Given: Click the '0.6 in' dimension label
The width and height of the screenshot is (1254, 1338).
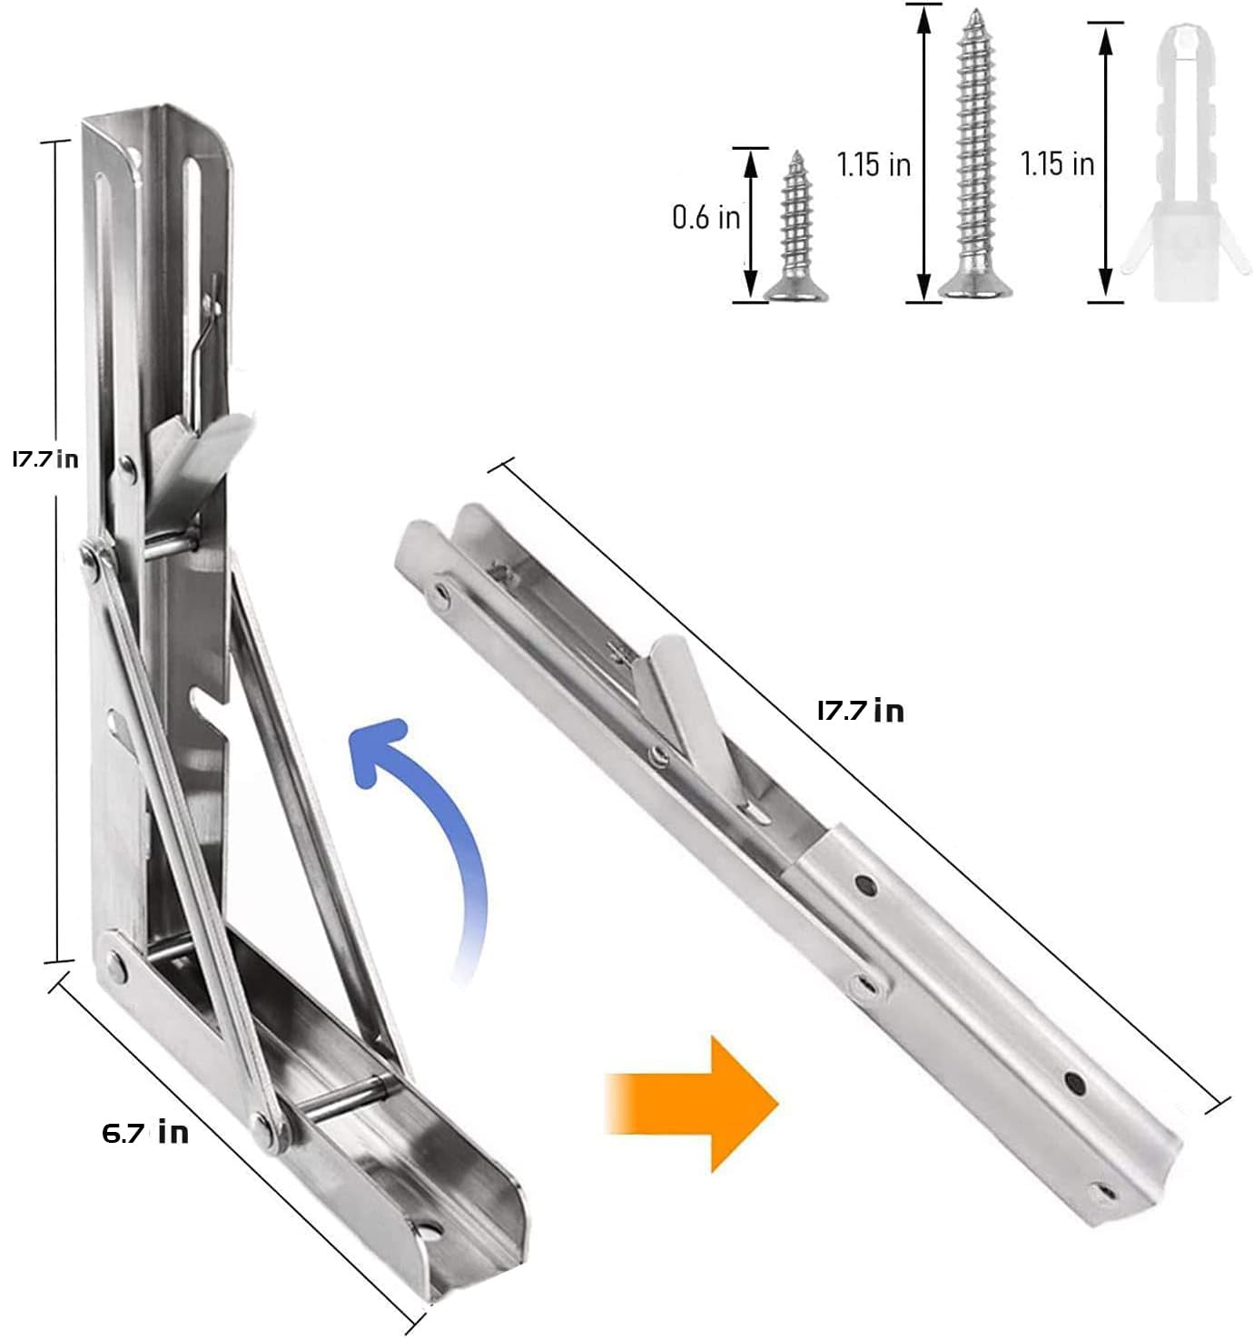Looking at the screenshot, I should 706,217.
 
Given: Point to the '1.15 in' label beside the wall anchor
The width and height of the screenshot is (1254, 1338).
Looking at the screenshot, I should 1057,164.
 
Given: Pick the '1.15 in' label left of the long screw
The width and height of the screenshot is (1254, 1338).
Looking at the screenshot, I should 873,164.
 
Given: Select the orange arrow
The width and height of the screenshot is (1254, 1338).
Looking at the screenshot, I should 692,1102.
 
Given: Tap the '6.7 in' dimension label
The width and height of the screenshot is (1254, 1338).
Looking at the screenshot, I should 145,1132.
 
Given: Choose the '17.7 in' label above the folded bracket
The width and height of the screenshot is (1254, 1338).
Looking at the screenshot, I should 860,710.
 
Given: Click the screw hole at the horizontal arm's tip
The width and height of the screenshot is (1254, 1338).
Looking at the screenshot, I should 427,1233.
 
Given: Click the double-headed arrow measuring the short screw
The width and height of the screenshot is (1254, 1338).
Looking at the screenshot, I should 750,223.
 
